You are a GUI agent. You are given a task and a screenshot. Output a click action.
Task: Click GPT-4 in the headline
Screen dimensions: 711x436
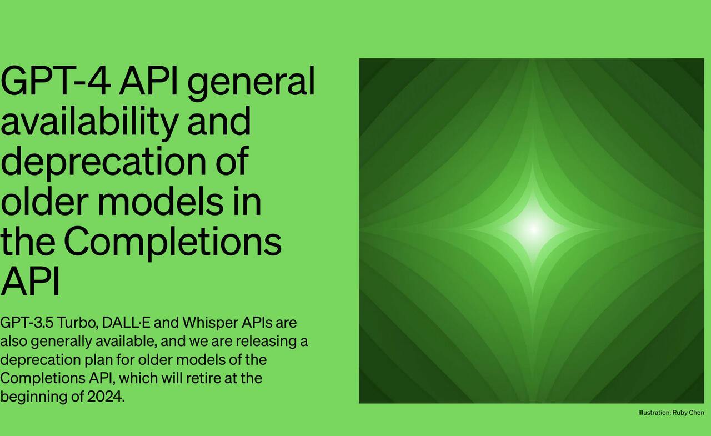point(56,81)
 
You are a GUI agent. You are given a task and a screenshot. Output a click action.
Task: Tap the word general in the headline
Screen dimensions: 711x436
point(251,83)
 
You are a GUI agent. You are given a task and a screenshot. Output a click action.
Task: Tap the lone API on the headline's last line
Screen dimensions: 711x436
point(30,280)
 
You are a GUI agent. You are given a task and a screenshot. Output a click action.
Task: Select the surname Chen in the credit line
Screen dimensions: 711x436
point(697,413)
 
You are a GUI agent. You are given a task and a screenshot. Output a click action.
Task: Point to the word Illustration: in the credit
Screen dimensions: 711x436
point(654,413)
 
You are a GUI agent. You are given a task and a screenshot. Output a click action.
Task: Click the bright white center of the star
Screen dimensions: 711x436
point(533,229)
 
